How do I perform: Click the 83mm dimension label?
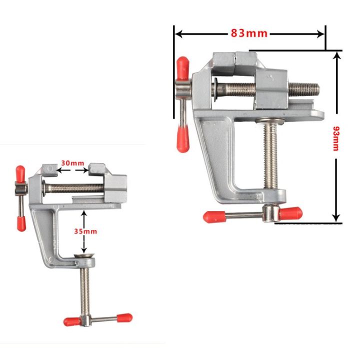[249, 33]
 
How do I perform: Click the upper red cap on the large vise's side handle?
[182, 67]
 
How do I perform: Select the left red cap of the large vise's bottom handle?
[213, 216]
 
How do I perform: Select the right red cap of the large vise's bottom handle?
[291, 213]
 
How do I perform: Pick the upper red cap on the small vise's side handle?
[20, 173]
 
